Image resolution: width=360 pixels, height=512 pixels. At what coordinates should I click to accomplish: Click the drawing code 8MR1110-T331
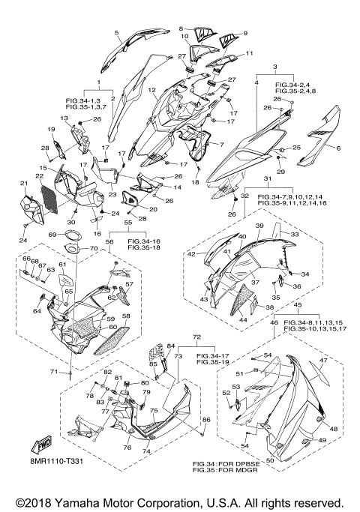tap(55, 461)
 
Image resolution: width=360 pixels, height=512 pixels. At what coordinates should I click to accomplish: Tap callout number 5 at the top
tap(116, 32)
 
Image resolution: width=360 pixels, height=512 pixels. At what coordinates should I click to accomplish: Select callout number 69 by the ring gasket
tap(52, 235)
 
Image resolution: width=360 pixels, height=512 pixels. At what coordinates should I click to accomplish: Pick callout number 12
tap(151, 89)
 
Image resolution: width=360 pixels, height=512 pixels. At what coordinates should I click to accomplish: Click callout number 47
tap(323, 361)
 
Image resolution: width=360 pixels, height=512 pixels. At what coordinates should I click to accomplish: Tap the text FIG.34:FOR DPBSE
tap(226, 464)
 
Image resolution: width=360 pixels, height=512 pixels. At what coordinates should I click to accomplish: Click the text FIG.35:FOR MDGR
tap(225, 470)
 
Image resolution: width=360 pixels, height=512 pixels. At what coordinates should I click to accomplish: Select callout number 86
tap(207, 419)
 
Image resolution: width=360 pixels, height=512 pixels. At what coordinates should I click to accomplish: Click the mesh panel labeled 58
tap(112, 340)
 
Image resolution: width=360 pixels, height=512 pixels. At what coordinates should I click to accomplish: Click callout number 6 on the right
tap(338, 148)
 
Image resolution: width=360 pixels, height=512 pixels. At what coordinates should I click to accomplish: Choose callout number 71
tap(54, 372)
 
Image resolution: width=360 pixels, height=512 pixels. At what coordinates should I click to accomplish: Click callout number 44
tap(243, 319)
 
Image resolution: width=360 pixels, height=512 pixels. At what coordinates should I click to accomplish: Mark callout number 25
tap(296, 148)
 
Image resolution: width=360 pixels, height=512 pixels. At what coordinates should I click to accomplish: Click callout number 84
tap(171, 346)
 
